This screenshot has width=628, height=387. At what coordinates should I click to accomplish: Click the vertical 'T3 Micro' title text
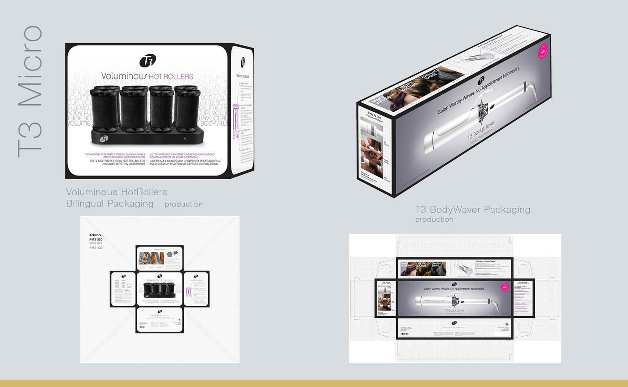coord(31,92)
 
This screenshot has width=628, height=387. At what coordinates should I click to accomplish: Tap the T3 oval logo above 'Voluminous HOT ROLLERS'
coord(148,61)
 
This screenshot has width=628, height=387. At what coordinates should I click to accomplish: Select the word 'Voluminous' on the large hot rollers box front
coord(124,76)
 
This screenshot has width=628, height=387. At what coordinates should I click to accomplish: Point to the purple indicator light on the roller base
coord(185,139)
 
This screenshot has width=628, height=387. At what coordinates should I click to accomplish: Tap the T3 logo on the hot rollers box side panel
coord(243,61)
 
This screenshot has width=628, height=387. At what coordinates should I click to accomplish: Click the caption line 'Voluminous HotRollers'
coord(117,192)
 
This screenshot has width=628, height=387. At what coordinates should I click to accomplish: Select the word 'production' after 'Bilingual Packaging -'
coord(183,204)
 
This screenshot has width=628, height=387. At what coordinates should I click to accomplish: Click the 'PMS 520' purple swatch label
coord(96,240)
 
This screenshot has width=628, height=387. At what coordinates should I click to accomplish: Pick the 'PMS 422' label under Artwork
coord(96,248)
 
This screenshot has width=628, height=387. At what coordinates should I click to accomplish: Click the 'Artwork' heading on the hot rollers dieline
coord(96,235)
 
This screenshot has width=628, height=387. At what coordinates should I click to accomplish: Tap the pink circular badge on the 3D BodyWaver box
coord(543,52)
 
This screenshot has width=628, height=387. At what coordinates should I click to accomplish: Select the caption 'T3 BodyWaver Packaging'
coord(472,210)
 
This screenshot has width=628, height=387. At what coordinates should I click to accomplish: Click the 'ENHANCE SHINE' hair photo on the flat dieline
coord(438,268)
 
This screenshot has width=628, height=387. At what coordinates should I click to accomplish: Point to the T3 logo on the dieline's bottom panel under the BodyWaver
coord(454,322)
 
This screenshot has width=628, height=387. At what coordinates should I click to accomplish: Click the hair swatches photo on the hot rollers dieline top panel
coord(150,258)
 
